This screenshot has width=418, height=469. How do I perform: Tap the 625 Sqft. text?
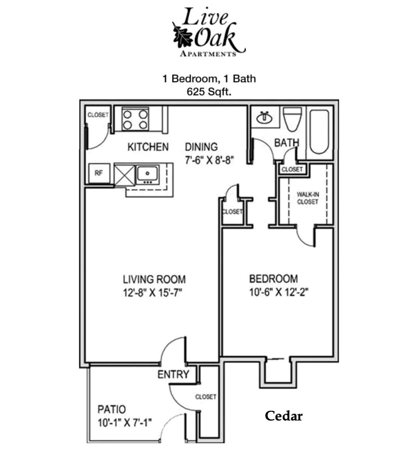tap(209, 92)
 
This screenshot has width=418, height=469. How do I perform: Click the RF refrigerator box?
tap(98, 173)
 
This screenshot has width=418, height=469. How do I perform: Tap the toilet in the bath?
tap(292, 119)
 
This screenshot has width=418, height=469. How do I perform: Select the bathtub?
tap(319, 132)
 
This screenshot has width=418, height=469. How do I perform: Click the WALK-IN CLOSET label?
tap(307, 198)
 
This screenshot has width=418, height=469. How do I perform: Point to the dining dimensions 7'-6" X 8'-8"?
tap(209, 160)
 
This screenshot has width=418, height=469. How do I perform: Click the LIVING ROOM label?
tap(154, 279)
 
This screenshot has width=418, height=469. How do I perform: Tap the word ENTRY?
tap(173, 374)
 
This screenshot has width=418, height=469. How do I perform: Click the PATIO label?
tap(112, 409)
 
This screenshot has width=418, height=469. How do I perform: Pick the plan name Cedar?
tap(283, 416)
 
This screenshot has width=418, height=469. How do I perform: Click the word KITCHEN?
tap(148, 147)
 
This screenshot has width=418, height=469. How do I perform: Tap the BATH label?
tap(286, 143)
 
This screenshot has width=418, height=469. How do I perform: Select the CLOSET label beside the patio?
tap(206, 397)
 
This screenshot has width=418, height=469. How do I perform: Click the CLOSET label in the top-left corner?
tap(98, 115)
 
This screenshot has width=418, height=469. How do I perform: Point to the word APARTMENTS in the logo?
tap(208, 54)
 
